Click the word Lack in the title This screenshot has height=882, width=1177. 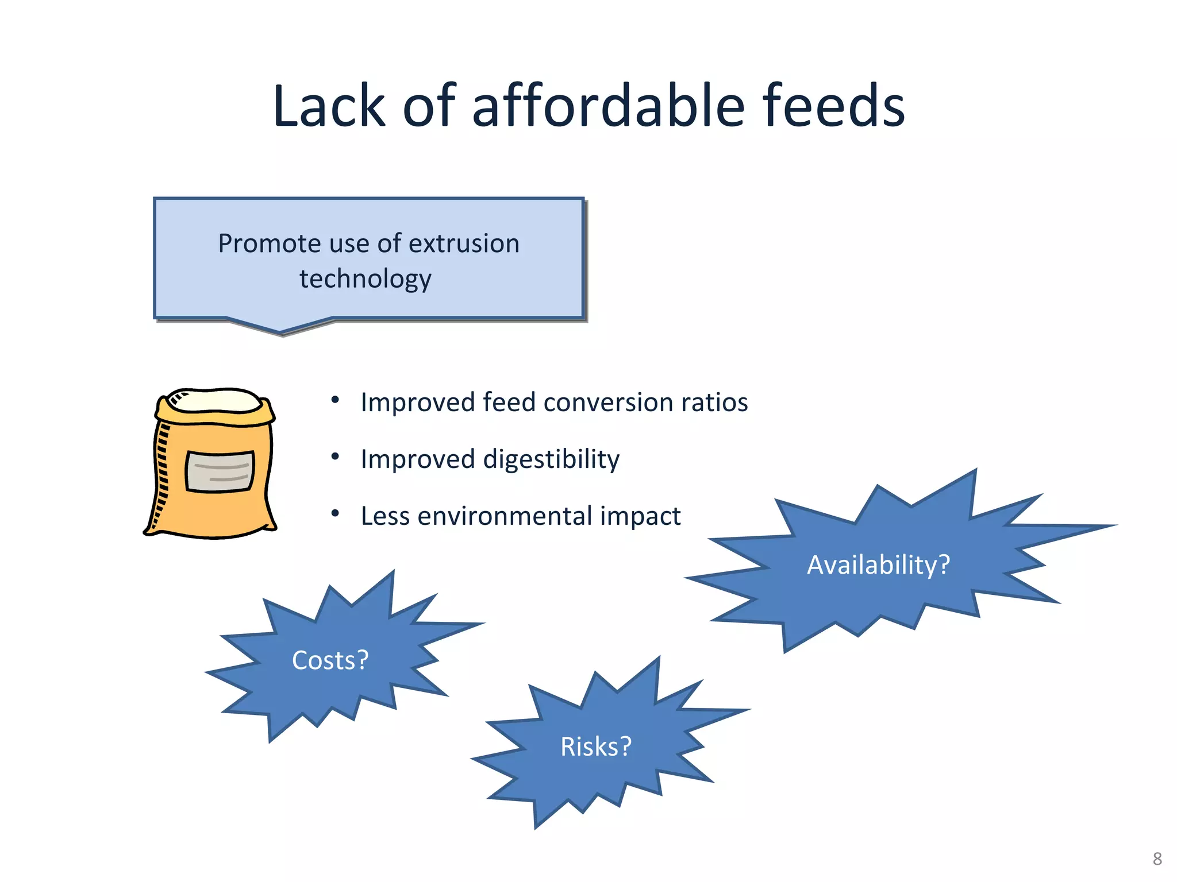click(x=329, y=106)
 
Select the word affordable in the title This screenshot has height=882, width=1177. click(x=609, y=106)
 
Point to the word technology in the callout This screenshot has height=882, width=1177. click(x=366, y=279)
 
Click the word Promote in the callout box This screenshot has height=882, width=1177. click(x=268, y=243)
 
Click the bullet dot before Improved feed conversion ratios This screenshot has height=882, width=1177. click(x=335, y=400)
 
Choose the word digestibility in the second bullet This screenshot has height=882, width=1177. click(x=551, y=459)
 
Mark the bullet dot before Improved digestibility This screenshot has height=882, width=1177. click(x=335, y=457)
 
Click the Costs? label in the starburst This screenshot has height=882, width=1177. click(x=330, y=660)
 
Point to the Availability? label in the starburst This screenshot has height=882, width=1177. click(x=878, y=565)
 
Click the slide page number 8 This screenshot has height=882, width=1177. click(x=1157, y=859)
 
